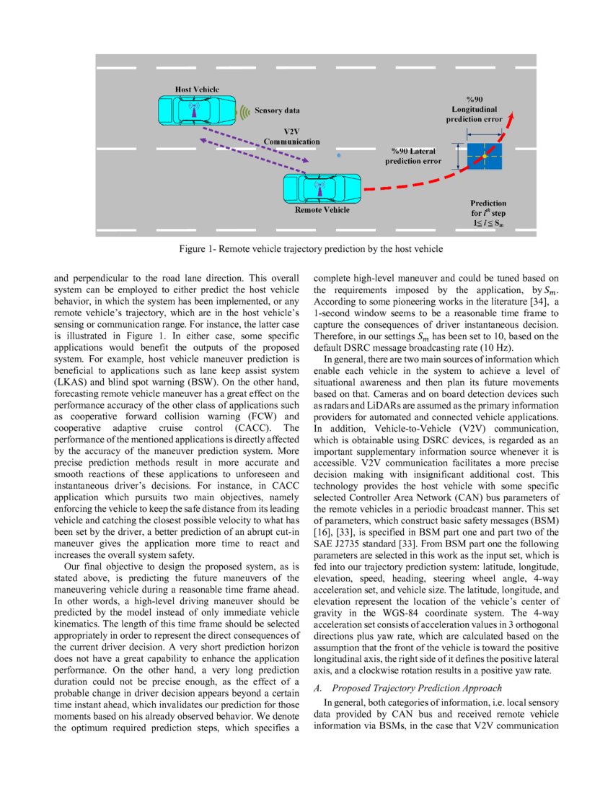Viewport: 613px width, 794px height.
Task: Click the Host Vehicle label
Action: (198, 89)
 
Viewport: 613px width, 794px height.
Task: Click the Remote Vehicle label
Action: (322, 210)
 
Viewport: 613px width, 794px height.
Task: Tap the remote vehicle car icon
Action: (322, 188)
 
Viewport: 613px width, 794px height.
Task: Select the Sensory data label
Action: (277, 111)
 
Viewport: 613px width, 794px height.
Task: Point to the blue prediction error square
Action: (485, 156)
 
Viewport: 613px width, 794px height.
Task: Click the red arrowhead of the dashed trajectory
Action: (512, 117)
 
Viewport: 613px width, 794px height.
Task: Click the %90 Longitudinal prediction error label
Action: (474, 108)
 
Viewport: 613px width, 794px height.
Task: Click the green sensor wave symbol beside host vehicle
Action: (245, 111)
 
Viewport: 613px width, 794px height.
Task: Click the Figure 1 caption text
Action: (306, 249)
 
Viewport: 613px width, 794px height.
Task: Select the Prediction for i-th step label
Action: (488, 214)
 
